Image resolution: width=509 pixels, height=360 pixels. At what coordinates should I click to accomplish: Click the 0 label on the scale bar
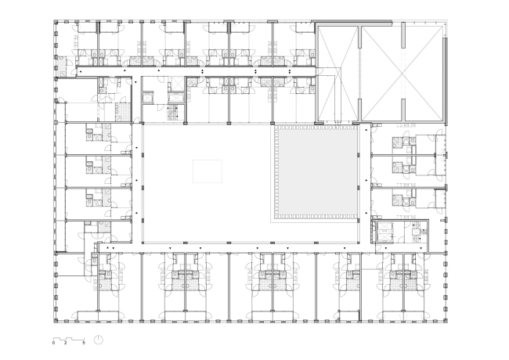click(53, 343)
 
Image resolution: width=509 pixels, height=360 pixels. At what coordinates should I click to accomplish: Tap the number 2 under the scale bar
click(66, 343)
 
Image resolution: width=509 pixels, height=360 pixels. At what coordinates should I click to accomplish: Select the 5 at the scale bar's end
click(84, 343)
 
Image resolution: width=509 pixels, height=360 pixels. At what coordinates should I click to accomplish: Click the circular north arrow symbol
click(99, 340)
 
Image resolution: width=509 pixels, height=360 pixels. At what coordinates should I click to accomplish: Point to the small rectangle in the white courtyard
click(208, 171)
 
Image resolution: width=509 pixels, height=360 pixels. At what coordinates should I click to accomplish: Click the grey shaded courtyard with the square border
click(315, 172)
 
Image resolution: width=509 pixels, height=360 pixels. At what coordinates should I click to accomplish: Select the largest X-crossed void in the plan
click(403, 74)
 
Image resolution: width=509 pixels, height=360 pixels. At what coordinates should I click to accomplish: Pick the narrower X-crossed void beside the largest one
click(338, 74)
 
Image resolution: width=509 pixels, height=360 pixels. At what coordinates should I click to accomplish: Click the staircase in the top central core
click(173, 113)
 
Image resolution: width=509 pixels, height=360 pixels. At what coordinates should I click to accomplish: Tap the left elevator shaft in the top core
click(147, 98)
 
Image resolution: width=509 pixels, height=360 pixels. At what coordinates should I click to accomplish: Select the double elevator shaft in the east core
click(384, 232)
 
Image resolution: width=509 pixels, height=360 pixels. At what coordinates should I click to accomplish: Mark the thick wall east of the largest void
click(445, 81)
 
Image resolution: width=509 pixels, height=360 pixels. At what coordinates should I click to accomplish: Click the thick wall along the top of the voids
click(354, 23)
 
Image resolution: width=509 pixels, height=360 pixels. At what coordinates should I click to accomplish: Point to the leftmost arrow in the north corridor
click(81, 70)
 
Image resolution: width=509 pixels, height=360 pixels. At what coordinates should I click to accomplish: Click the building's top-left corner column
click(56, 22)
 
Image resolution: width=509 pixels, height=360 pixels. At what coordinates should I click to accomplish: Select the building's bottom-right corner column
click(446, 321)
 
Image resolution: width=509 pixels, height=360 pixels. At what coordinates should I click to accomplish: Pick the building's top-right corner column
click(446, 22)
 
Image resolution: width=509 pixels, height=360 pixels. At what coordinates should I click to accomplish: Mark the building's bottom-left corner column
click(56, 321)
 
